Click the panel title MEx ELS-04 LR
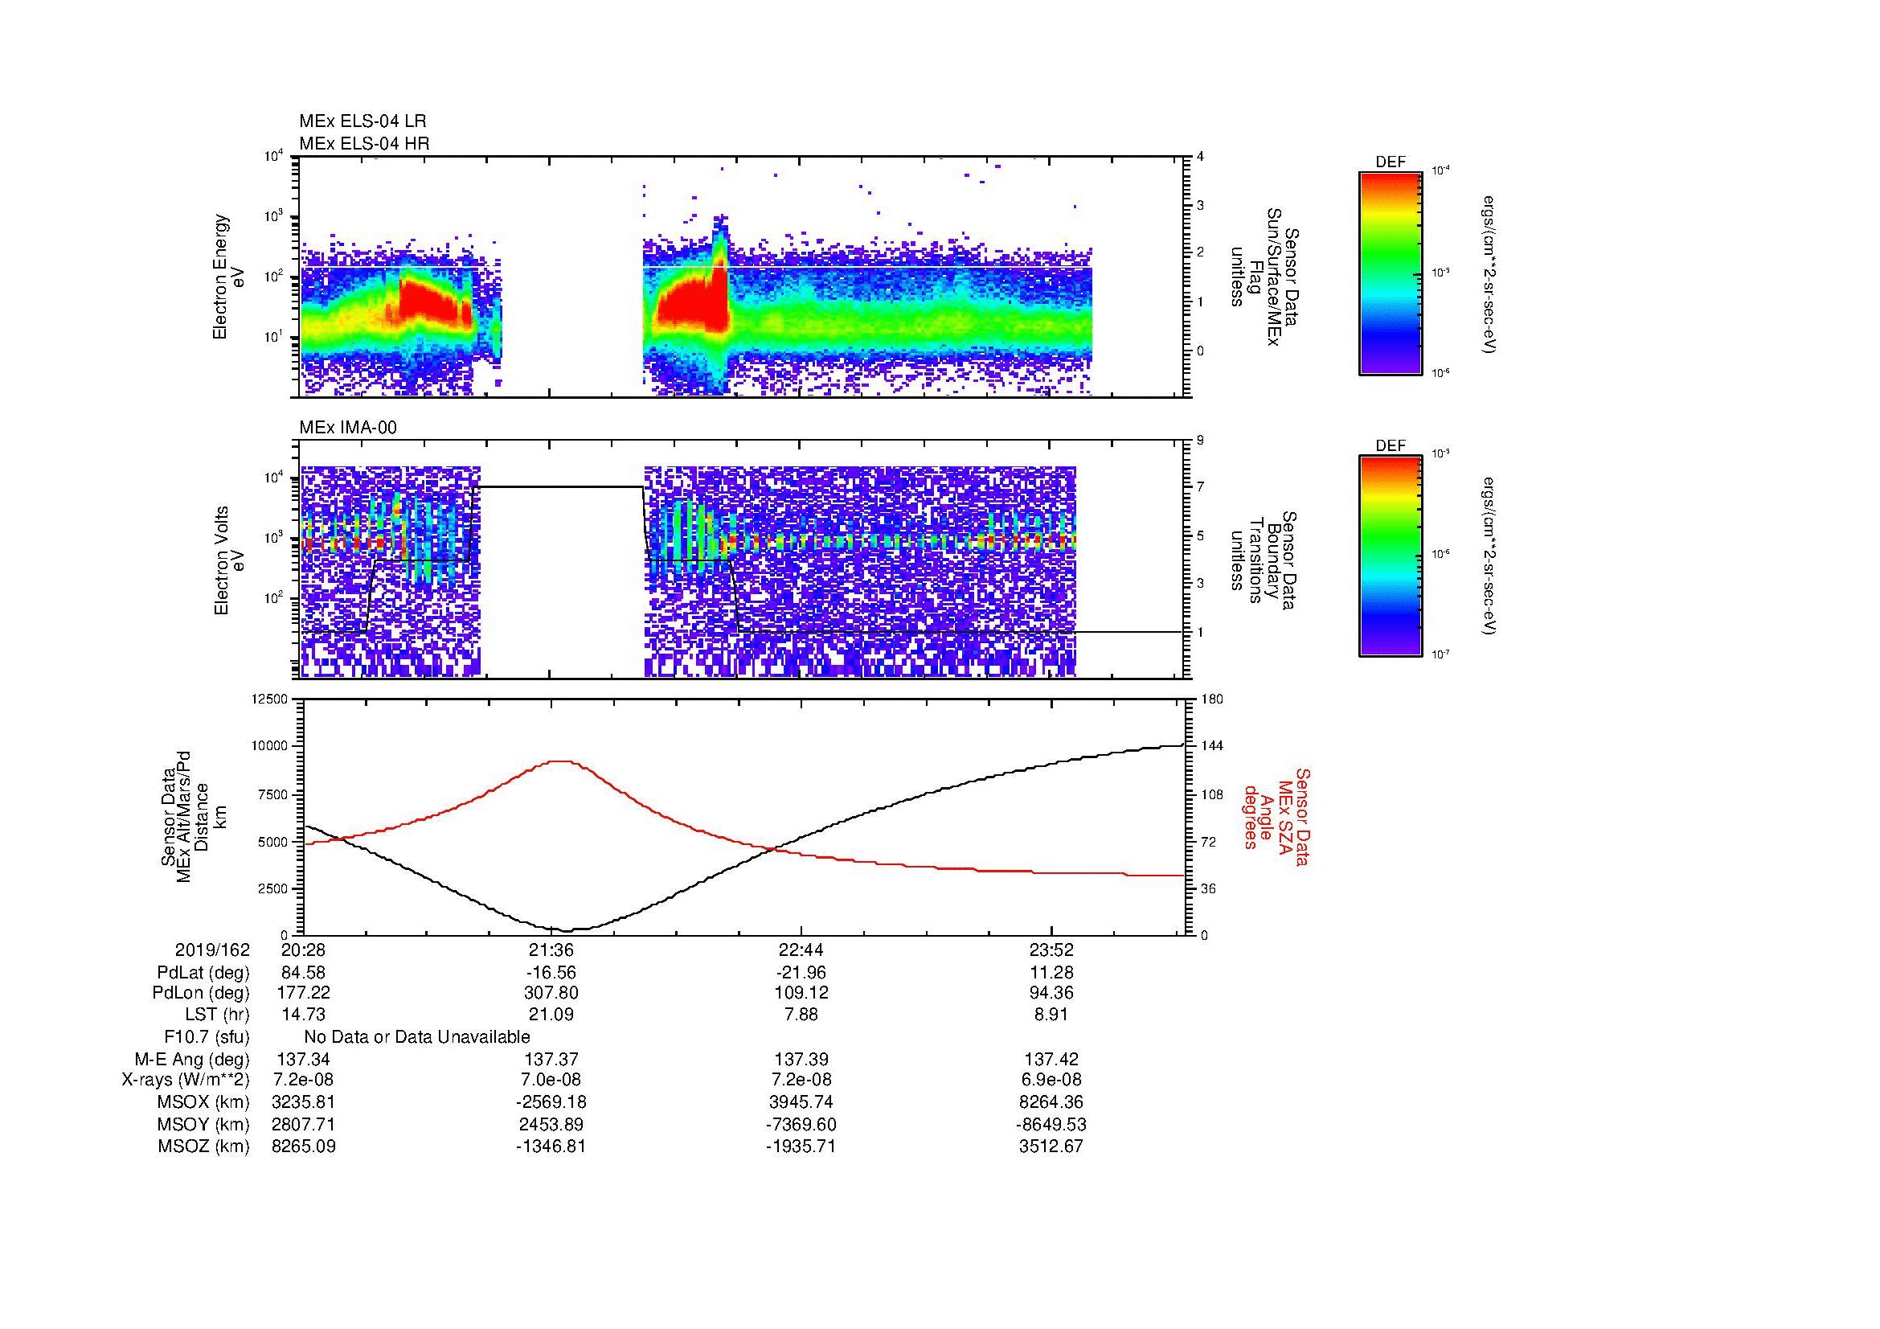(362, 121)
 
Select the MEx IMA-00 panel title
(348, 428)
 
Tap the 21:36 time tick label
(551, 950)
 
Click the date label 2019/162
(212, 950)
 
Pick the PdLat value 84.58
(303, 973)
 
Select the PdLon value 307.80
(551, 993)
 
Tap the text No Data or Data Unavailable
(417, 1037)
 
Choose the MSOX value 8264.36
(1051, 1102)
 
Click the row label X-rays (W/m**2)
(185, 1080)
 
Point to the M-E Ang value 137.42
(1051, 1059)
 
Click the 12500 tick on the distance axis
(270, 699)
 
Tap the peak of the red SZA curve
(559, 761)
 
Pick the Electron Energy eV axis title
(229, 277)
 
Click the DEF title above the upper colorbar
(1390, 162)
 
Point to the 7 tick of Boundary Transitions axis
(1200, 487)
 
